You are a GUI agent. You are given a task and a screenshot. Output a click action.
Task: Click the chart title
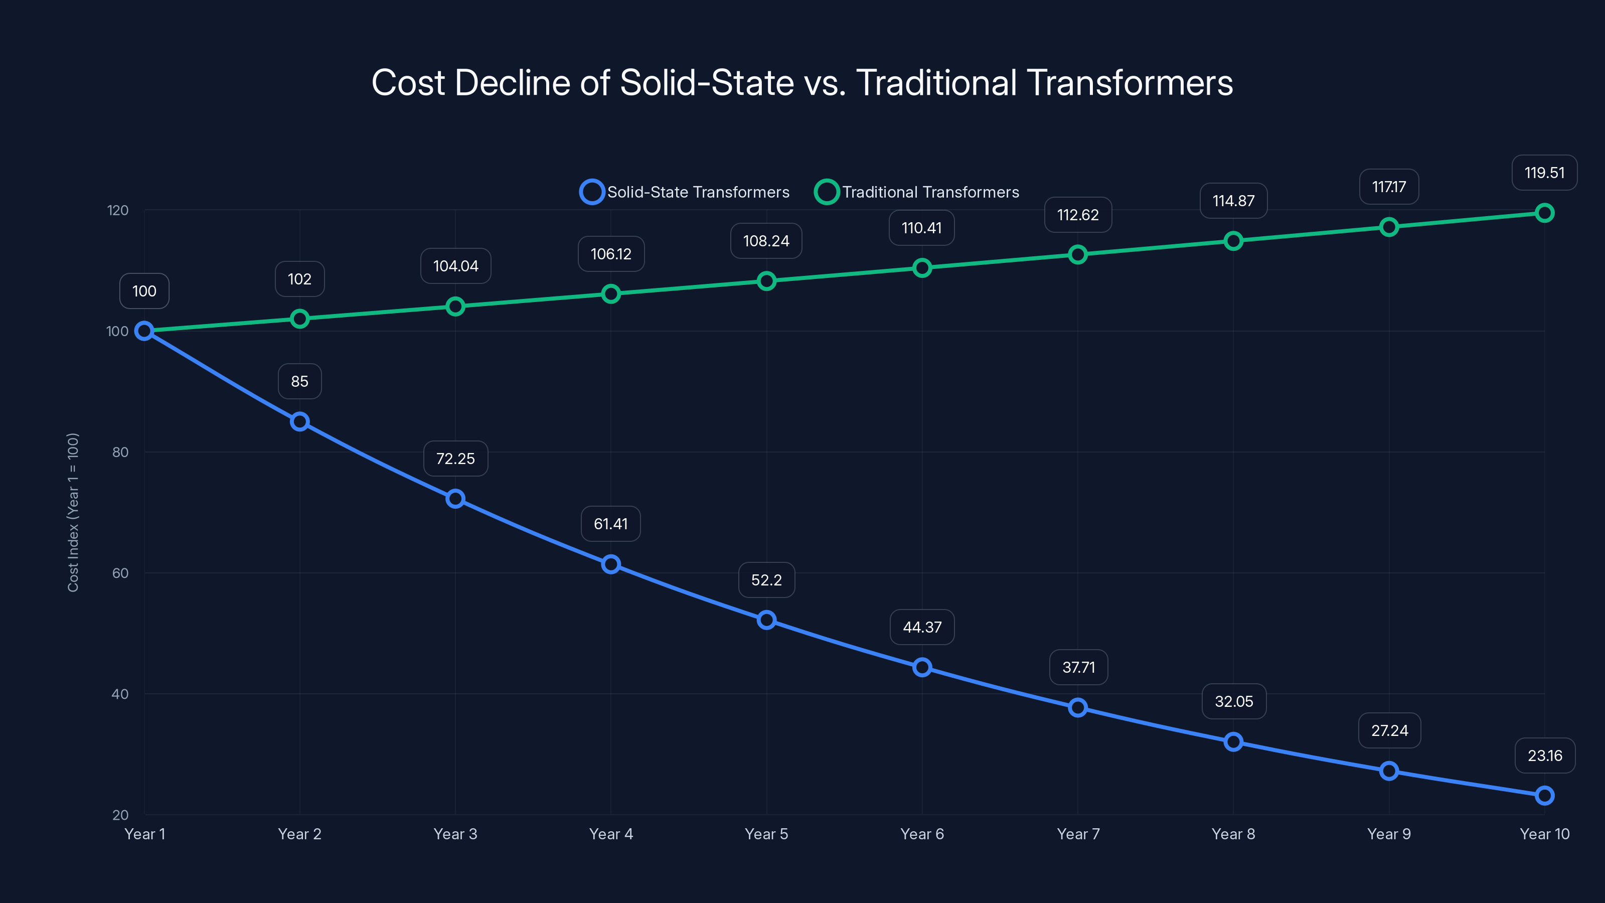[x=802, y=82]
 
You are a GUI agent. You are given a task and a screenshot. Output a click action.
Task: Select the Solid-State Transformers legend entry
[x=685, y=192]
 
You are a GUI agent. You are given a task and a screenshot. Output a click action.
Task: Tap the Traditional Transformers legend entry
[x=918, y=192]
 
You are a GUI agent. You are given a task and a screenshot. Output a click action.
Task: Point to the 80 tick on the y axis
[x=120, y=452]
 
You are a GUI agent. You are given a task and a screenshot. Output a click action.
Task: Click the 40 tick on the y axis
[x=120, y=694]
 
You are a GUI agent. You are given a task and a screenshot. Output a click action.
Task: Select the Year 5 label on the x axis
[x=766, y=834]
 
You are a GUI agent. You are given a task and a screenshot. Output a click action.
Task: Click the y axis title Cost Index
[x=73, y=512]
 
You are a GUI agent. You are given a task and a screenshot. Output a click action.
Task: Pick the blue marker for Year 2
[x=300, y=422]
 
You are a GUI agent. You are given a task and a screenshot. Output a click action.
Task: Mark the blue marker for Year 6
[x=922, y=667]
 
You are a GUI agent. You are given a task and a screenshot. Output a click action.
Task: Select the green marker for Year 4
[x=610, y=293]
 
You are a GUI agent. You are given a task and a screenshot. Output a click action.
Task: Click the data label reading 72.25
[x=455, y=459]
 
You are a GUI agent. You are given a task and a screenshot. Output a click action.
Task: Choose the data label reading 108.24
[x=766, y=241]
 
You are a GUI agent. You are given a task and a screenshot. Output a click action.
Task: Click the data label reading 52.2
[x=766, y=580]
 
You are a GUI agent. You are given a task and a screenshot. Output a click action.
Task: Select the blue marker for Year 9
[x=1389, y=771]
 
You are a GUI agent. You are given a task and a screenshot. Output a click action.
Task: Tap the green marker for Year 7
[x=1078, y=254]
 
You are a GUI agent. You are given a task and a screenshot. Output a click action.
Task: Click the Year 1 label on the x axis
[x=144, y=834]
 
